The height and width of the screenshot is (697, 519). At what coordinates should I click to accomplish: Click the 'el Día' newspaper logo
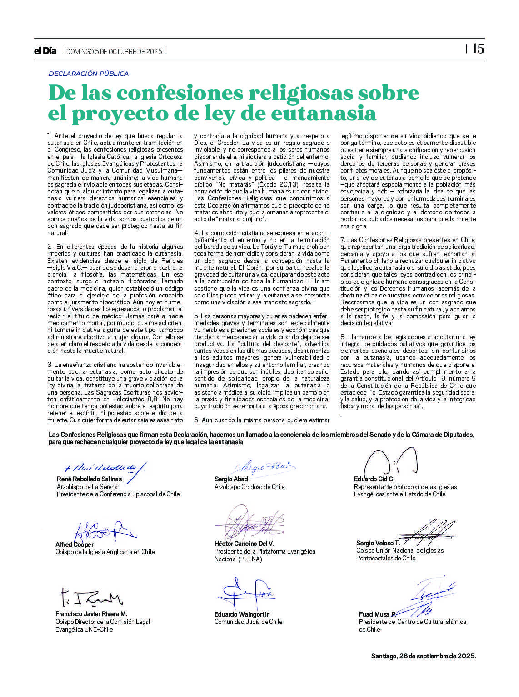click(45, 51)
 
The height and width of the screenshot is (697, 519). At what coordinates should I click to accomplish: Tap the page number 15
click(478, 49)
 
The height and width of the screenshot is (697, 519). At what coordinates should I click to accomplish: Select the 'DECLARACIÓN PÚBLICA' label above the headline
click(89, 74)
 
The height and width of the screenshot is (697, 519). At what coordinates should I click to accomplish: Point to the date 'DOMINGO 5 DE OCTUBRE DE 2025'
click(114, 52)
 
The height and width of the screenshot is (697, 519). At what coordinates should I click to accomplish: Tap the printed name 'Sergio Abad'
click(231, 479)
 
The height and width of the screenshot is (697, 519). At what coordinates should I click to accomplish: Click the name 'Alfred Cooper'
click(75, 544)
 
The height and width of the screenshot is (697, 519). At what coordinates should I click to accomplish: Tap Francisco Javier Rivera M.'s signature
click(91, 598)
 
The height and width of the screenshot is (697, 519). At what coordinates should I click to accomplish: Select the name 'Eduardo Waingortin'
click(242, 614)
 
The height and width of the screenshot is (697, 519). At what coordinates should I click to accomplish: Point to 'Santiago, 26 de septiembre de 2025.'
click(424, 656)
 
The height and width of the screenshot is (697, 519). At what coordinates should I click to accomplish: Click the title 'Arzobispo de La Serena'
click(87, 487)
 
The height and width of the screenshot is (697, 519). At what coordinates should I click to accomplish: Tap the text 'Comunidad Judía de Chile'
click(248, 622)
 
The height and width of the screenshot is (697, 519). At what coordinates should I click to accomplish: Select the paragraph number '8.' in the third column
click(344, 337)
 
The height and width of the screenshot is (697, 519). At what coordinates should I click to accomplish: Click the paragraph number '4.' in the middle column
click(197, 233)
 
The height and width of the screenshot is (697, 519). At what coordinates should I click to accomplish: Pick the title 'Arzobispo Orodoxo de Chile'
click(250, 487)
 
